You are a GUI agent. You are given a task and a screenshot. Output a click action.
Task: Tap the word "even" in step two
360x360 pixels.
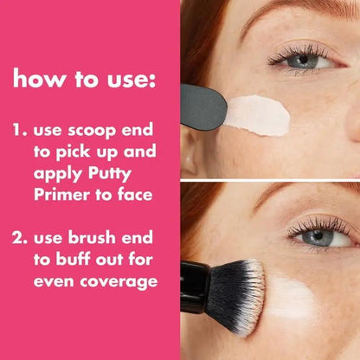pyautogui.click(x=53, y=281)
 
